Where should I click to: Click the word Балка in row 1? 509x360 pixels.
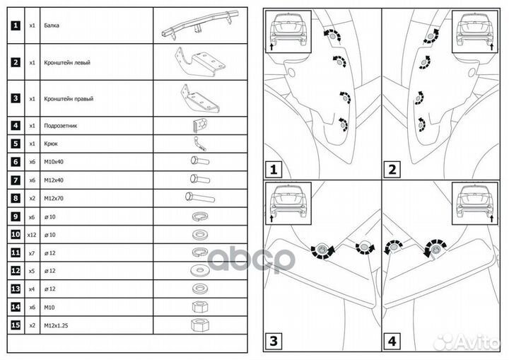pyautogui.click(x=51, y=25)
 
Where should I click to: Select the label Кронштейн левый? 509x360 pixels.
pyautogui.click(x=66, y=62)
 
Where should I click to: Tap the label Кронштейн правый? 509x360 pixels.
pyautogui.click(x=68, y=99)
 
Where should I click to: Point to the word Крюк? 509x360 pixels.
pyautogui.click(x=50, y=143)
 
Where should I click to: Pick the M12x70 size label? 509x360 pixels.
pyautogui.click(x=54, y=197)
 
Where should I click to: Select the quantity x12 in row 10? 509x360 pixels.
pyautogui.click(x=32, y=233)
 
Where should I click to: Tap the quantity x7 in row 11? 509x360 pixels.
pyautogui.click(x=32, y=251)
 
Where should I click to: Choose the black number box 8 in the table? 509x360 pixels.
pyautogui.click(x=15, y=197)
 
